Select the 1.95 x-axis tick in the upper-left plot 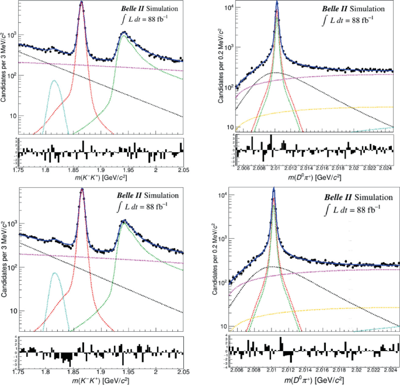127,170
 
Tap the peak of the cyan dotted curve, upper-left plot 54,81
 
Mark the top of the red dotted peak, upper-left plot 81,3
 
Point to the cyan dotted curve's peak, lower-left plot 55,273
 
